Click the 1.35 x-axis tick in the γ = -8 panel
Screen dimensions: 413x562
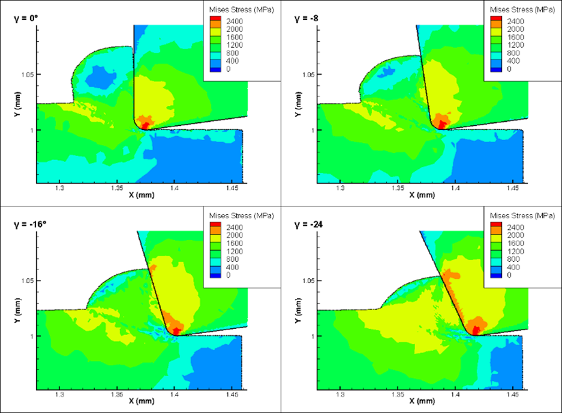[x=397, y=186]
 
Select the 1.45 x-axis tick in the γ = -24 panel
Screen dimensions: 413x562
[x=512, y=392]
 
